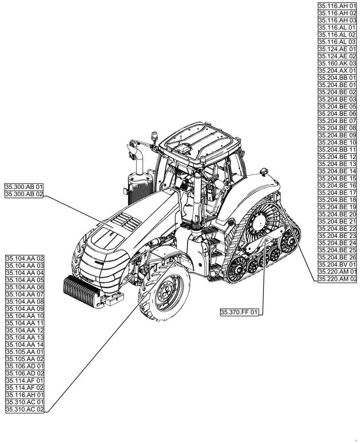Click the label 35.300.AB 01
[x=23, y=187]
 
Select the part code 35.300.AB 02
[x=23, y=194]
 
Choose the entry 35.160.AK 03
[x=337, y=63]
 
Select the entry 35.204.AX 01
[x=337, y=70]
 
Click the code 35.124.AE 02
[x=337, y=56]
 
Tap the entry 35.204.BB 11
[x=337, y=150]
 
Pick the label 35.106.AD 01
[x=25, y=366]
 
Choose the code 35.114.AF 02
[x=25, y=388]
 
